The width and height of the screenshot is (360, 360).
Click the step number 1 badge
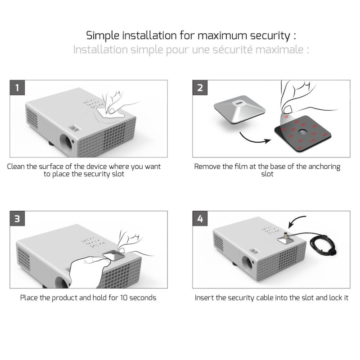coord(18,88)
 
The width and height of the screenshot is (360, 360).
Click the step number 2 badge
coord(200,88)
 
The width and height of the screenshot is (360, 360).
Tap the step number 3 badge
coord(18,219)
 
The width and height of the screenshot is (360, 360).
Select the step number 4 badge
coord(200,219)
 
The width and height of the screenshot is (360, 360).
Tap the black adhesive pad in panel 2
coord(303,133)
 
